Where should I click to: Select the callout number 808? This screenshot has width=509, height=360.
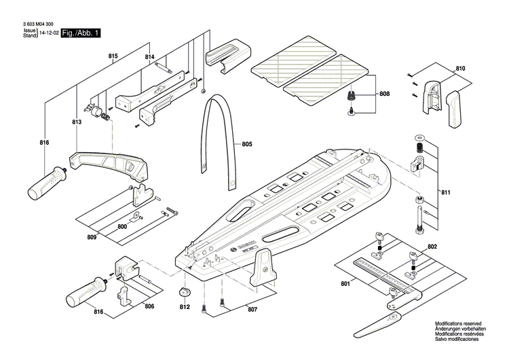coord(384,94)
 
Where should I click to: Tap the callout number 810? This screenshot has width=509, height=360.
coord(461,69)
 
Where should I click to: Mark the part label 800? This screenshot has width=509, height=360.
coord(123,226)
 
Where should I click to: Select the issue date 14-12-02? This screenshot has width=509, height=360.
coord(48,33)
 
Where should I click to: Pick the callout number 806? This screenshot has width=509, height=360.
coord(149,307)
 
